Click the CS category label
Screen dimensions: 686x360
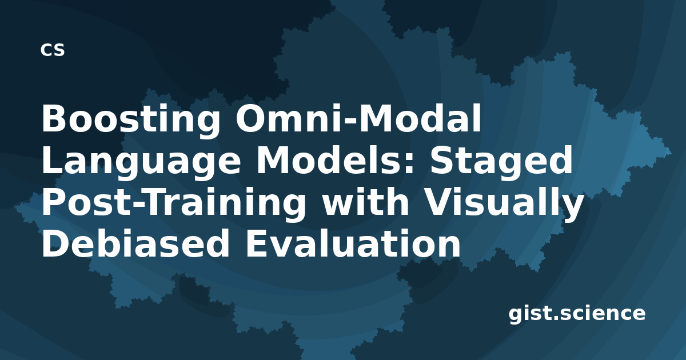[x=53, y=50]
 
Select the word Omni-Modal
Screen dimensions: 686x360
[x=358, y=118]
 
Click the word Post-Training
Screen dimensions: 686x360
[x=174, y=203]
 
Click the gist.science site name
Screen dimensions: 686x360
[x=577, y=314]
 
